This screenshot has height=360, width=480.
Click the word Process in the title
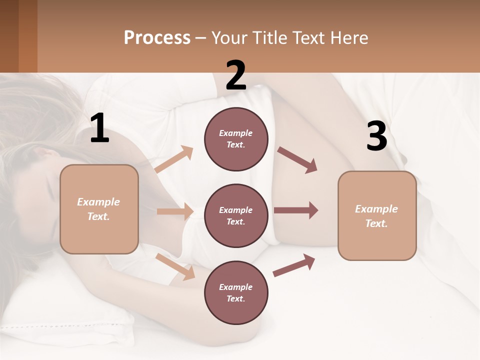(x=157, y=38)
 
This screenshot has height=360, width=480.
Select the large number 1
(x=99, y=128)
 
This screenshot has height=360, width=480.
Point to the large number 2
(x=236, y=75)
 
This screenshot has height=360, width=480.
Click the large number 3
(x=376, y=136)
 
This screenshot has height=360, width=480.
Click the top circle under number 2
(x=236, y=139)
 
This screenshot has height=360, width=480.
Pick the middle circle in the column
(x=236, y=216)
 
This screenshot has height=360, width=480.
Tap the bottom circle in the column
(x=236, y=293)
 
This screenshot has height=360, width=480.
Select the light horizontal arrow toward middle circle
(x=175, y=211)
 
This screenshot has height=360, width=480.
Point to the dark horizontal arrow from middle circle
(x=296, y=210)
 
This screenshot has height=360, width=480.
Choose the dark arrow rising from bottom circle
(x=294, y=265)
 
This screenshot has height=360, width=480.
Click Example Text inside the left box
(x=99, y=209)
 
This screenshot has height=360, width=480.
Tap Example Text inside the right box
(x=376, y=216)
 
